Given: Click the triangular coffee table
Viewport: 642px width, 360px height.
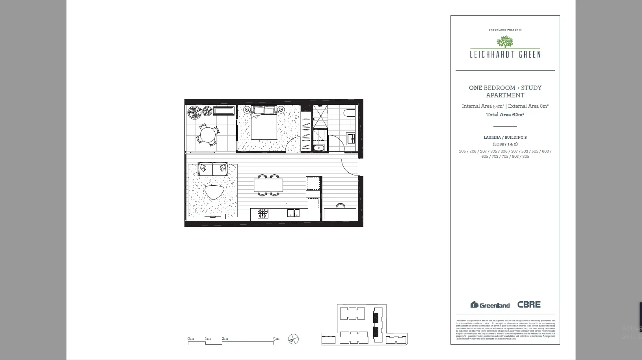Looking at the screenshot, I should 214,192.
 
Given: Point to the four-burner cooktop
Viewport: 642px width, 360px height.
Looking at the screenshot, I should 263,214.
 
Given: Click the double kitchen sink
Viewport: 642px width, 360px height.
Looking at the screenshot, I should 293,213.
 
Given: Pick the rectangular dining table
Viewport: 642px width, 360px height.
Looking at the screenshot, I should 268,185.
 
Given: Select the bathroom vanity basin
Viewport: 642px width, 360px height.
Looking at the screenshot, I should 350,139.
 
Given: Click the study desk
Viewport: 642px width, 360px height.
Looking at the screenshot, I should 340,214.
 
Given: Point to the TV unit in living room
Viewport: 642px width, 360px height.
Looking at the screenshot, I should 213,216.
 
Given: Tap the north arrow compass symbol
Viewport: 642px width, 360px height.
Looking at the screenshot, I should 293,339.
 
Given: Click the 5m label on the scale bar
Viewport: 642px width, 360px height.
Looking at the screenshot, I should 276,338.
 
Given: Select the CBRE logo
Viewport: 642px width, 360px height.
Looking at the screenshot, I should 529,304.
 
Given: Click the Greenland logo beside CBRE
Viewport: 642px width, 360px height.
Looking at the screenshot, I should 490,305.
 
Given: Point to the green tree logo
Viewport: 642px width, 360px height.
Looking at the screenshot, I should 505,41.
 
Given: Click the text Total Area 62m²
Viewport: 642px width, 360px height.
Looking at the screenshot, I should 505,115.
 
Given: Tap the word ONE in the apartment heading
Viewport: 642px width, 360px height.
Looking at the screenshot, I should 475,88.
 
